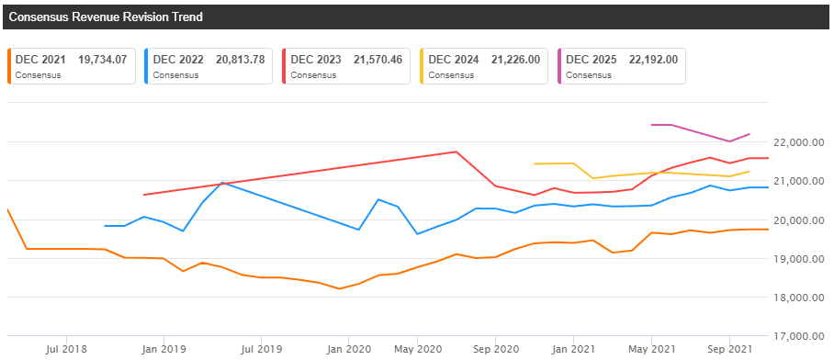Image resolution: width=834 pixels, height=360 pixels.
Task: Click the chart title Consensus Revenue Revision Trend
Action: [x=106, y=17]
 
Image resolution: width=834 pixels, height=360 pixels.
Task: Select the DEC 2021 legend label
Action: [x=38, y=60]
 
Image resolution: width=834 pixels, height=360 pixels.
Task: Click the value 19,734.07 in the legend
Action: [x=103, y=60]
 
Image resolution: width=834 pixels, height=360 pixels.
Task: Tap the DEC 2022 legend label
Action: [x=178, y=60]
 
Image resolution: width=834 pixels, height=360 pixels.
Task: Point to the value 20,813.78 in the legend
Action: [x=241, y=60]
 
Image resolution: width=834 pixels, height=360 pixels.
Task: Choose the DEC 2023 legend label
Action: [x=316, y=60]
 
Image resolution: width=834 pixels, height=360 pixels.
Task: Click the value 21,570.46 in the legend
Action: [x=378, y=60]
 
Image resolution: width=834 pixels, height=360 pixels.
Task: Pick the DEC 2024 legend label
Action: [x=454, y=60]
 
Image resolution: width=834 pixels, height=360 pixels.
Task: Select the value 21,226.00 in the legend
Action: [x=515, y=60]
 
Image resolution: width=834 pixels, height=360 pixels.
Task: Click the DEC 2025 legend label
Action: [x=592, y=60]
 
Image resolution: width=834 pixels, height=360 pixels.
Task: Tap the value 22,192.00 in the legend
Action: [x=653, y=60]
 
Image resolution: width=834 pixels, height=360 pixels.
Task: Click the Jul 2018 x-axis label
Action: [x=66, y=349]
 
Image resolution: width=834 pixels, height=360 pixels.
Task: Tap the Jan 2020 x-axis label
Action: [x=348, y=349]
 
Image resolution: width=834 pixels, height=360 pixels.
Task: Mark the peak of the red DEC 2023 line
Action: [x=456, y=152]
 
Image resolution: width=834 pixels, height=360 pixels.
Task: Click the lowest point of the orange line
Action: [x=339, y=289]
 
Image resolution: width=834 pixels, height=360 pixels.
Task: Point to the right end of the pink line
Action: [x=750, y=134]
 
